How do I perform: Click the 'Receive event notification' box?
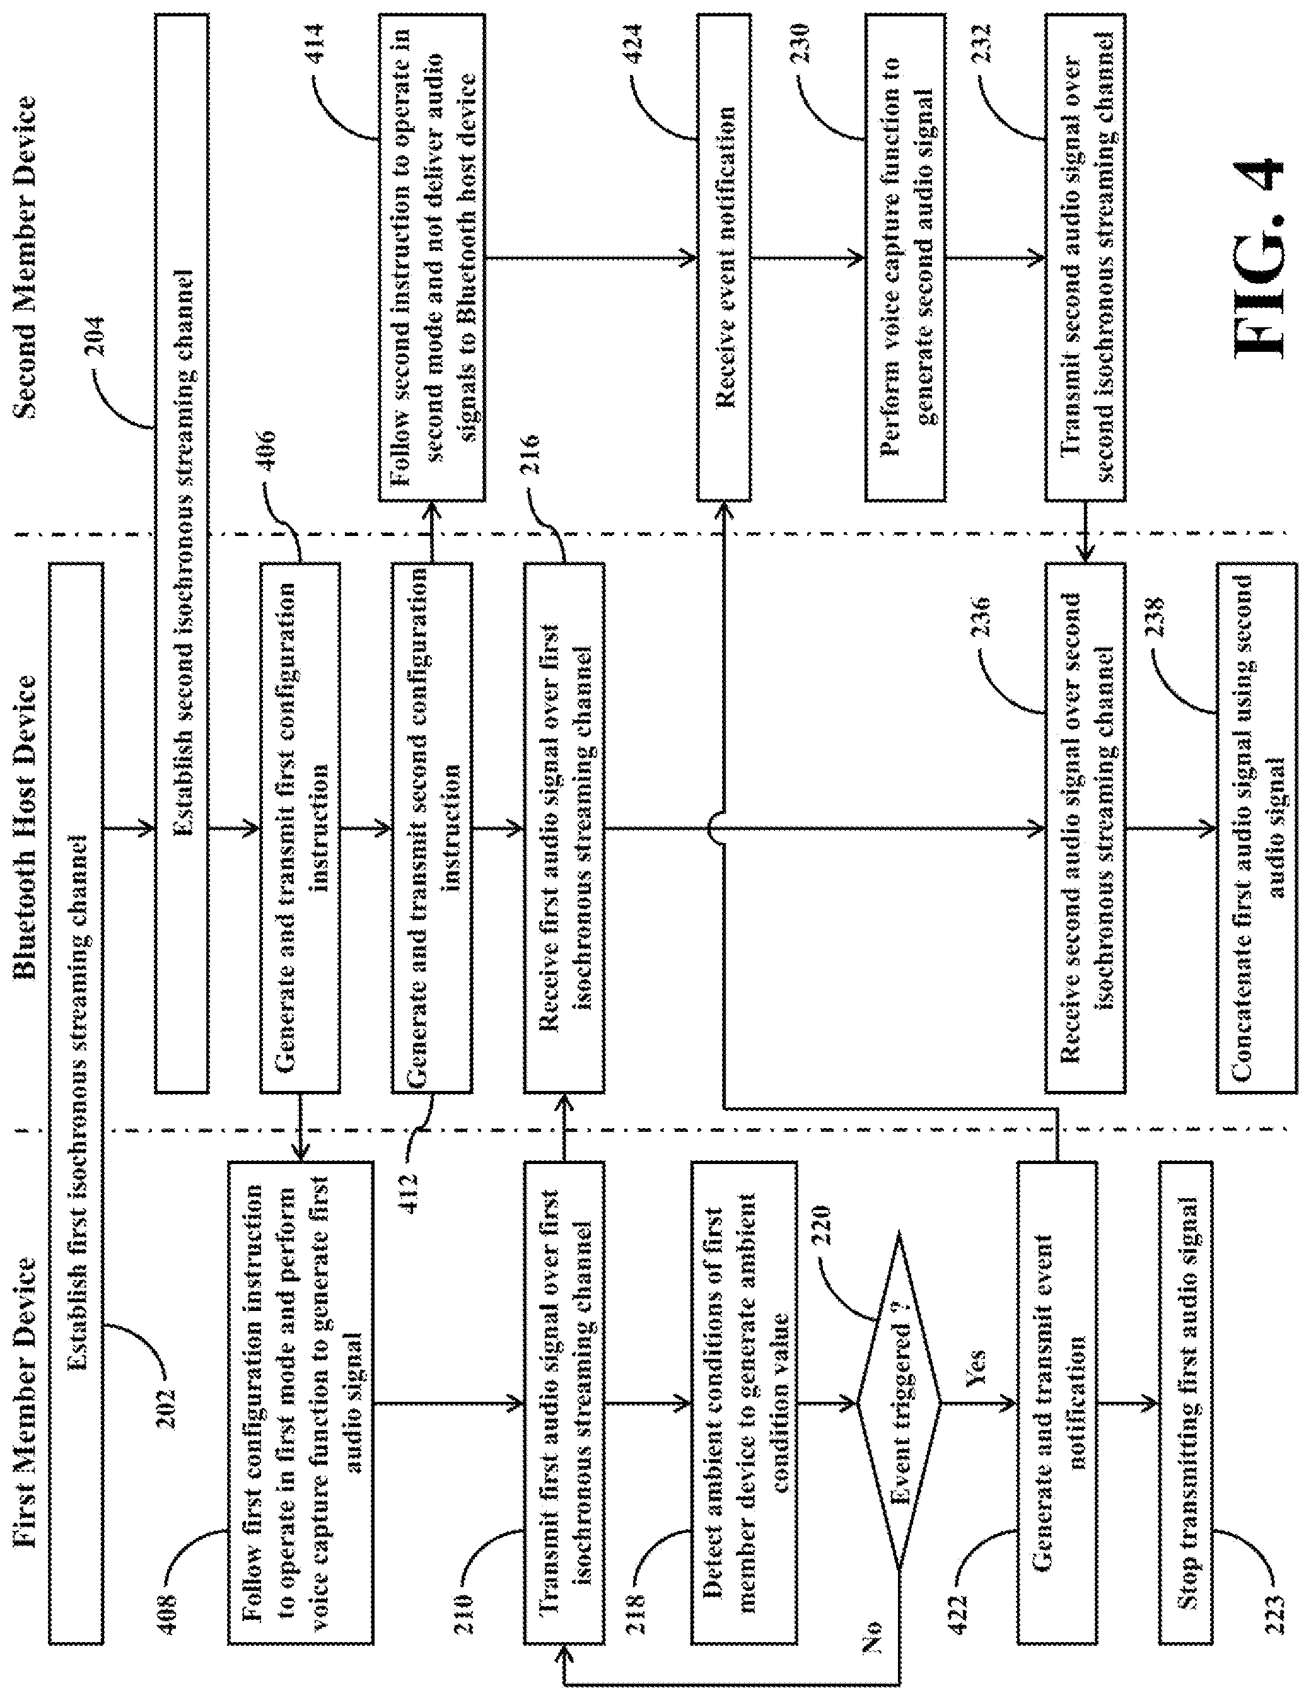click(723, 257)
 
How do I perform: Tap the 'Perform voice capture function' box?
click(906, 257)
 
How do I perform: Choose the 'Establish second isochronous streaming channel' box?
click(182, 552)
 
